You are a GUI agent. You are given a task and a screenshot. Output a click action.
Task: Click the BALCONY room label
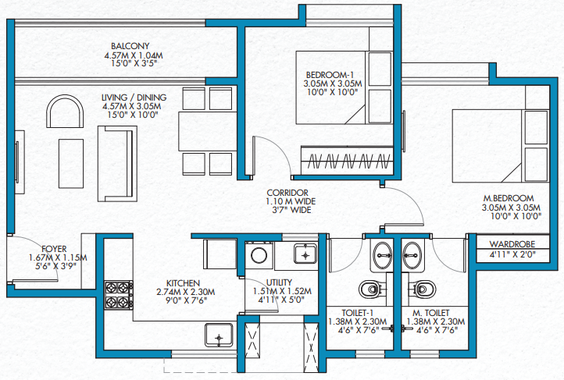point(130,46)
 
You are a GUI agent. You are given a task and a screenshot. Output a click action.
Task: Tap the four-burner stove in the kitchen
point(119,295)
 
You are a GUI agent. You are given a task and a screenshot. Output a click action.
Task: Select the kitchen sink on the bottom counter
point(219,336)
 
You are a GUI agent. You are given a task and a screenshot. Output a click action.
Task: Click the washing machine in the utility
point(259,255)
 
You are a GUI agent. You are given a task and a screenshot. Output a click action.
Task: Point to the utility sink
point(305,254)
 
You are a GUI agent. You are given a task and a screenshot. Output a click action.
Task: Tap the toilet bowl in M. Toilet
point(423,289)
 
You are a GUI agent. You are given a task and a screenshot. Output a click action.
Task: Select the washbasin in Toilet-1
point(382,255)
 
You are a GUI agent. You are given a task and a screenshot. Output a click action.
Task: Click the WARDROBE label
point(512,244)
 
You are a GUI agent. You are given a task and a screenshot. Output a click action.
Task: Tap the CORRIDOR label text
point(287,193)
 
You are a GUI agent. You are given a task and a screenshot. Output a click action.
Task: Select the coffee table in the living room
point(71,163)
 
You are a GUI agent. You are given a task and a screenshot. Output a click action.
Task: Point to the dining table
point(208,131)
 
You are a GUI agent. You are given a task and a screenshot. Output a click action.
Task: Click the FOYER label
point(54,249)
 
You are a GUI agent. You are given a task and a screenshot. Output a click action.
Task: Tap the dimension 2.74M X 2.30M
point(186,292)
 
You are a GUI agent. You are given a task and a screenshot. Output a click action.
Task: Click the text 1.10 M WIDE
point(291,201)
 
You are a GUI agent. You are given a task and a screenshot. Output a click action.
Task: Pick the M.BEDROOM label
point(509,198)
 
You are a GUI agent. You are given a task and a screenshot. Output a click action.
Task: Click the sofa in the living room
point(117,164)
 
